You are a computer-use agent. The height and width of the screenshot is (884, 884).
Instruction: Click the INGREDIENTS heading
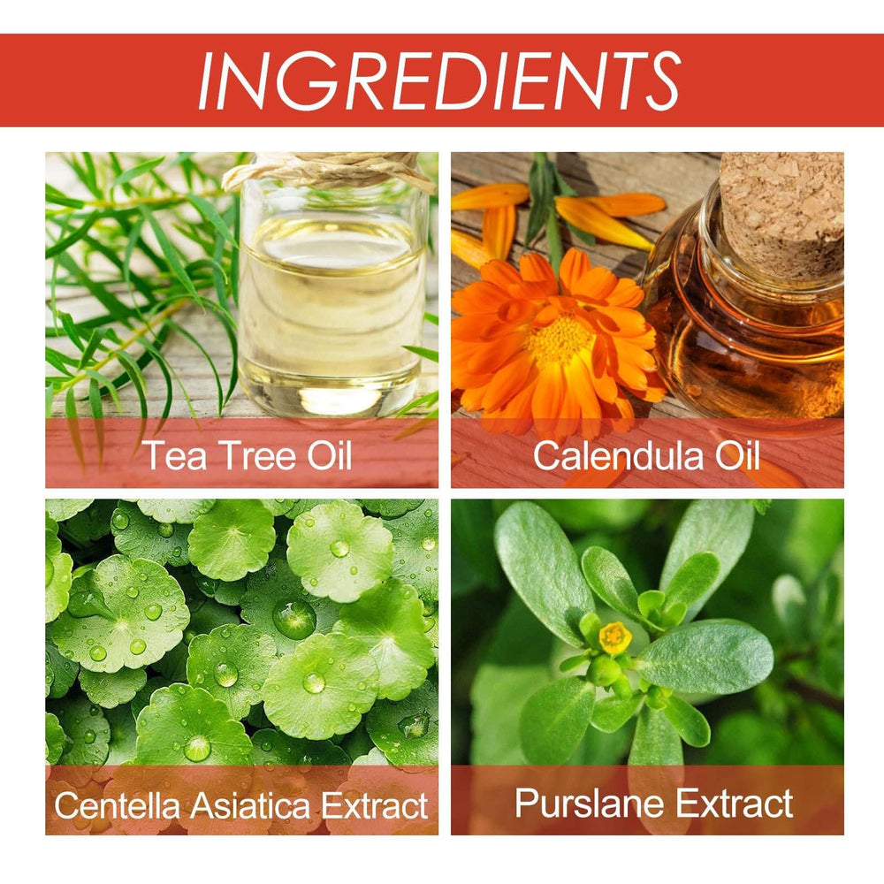(x=439, y=80)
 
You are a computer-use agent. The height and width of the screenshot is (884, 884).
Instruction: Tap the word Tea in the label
(x=174, y=455)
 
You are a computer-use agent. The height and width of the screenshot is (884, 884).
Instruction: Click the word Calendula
(x=618, y=455)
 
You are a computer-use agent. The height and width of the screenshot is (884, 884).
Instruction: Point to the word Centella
(x=117, y=805)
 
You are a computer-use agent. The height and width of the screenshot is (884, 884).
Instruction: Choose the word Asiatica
(x=251, y=805)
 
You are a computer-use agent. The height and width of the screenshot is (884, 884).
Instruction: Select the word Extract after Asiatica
(x=375, y=805)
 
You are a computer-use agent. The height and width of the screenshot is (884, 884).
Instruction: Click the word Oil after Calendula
(x=737, y=455)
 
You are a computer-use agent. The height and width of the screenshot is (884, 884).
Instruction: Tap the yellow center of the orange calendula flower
(x=560, y=339)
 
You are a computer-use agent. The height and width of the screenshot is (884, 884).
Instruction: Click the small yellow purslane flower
(x=615, y=637)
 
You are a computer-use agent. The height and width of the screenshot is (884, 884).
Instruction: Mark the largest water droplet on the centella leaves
(x=294, y=619)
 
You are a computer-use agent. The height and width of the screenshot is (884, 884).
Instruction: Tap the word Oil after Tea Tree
(x=329, y=455)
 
